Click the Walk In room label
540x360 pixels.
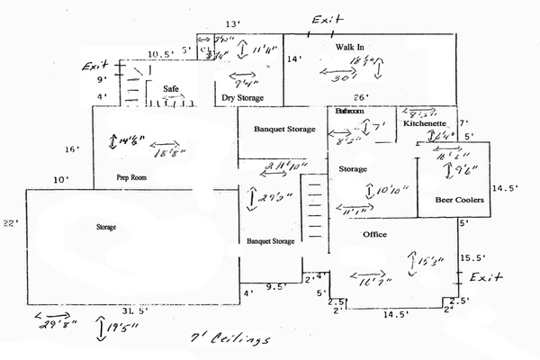[x=349, y=46]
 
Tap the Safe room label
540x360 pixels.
[x=172, y=89]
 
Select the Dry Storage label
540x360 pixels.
[x=241, y=96]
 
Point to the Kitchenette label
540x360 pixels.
[x=424, y=124]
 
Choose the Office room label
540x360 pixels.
[x=374, y=234]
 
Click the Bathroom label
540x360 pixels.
[x=348, y=111]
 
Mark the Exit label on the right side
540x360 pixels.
[x=485, y=274]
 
